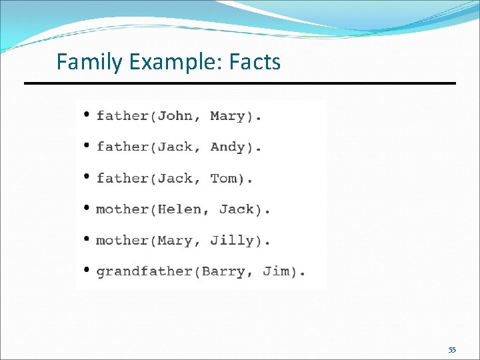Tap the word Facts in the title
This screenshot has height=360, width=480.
[255, 62]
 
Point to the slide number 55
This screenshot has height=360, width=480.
[452, 350]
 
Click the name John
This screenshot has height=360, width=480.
[175, 116]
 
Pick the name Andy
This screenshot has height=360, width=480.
[227, 147]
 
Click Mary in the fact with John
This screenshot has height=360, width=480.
[227, 116]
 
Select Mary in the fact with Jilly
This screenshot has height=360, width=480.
[175, 241]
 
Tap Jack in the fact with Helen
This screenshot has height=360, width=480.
[236, 209]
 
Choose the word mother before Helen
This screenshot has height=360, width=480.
[122, 209]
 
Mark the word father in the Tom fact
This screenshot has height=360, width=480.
[122, 178]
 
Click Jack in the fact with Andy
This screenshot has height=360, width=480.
[175, 147]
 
